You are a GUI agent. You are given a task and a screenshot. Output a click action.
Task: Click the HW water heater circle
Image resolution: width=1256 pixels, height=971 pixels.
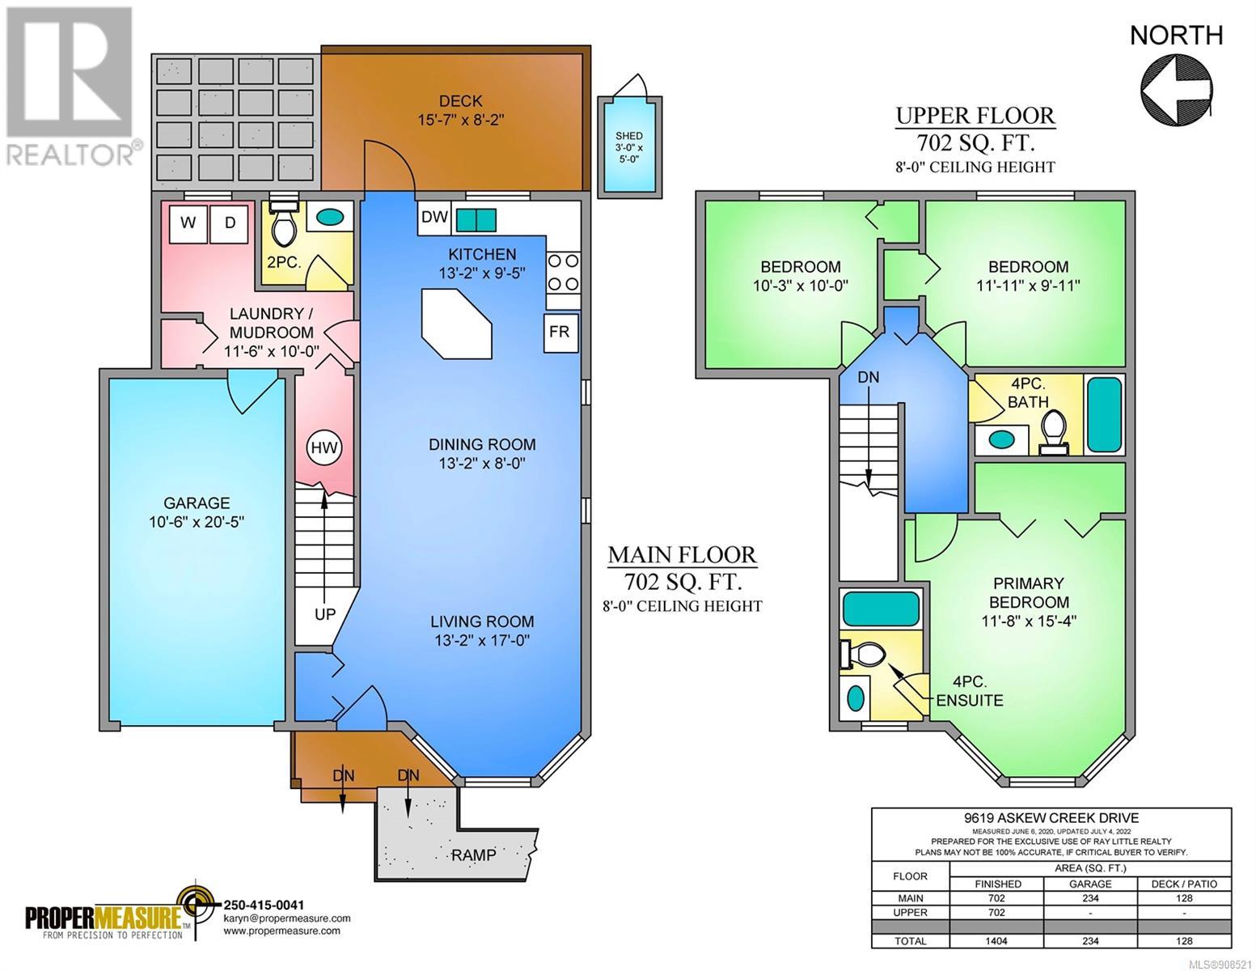[x=324, y=447]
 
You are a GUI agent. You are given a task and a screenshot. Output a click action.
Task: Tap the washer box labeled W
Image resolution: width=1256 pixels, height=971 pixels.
[x=188, y=223]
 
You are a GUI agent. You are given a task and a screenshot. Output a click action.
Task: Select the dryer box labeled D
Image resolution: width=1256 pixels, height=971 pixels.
[x=230, y=223]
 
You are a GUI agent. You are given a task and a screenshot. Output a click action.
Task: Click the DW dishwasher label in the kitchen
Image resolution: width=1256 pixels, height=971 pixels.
[x=434, y=218]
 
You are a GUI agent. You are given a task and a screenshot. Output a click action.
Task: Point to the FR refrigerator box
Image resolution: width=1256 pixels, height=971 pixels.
[x=560, y=333]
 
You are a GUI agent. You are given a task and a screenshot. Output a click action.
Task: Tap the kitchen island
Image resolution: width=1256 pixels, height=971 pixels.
[x=457, y=324]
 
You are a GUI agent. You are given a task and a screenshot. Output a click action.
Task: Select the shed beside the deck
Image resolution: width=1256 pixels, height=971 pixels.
[x=629, y=147]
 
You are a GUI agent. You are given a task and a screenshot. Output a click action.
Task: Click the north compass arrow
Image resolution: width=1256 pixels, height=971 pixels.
[x=1176, y=91]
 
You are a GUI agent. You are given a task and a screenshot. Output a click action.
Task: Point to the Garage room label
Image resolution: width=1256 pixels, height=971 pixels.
[x=197, y=512]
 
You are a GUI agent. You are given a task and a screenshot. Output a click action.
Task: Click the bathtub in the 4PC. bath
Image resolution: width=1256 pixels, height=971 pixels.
[x=1105, y=413]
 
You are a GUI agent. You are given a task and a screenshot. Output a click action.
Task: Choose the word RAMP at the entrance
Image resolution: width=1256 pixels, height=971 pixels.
[x=473, y=854]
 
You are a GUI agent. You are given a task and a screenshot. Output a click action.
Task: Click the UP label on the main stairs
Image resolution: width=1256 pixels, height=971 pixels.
[x=325, y=615]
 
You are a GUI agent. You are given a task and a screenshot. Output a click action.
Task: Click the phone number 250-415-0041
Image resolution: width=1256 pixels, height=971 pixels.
[x=264, y=905]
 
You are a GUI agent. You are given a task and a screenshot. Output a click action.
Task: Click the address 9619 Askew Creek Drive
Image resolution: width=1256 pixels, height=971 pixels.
[x=1051, y=818]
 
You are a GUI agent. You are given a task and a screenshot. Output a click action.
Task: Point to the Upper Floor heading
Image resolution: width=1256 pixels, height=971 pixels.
[x=975, y=116]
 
